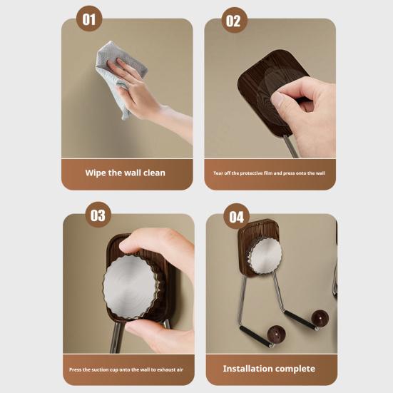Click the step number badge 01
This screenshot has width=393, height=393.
[x=89, y=19]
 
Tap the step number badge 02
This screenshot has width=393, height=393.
[x=233, y=21]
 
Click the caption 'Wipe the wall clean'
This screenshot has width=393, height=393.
[x=126, y=173]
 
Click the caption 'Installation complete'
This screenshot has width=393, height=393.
[x=269, y=369]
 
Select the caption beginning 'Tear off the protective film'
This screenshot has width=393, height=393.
[x=269, y=173]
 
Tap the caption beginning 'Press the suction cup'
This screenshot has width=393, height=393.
[x=126, y=369]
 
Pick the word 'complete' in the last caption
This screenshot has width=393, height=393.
[x=295, y=369]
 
